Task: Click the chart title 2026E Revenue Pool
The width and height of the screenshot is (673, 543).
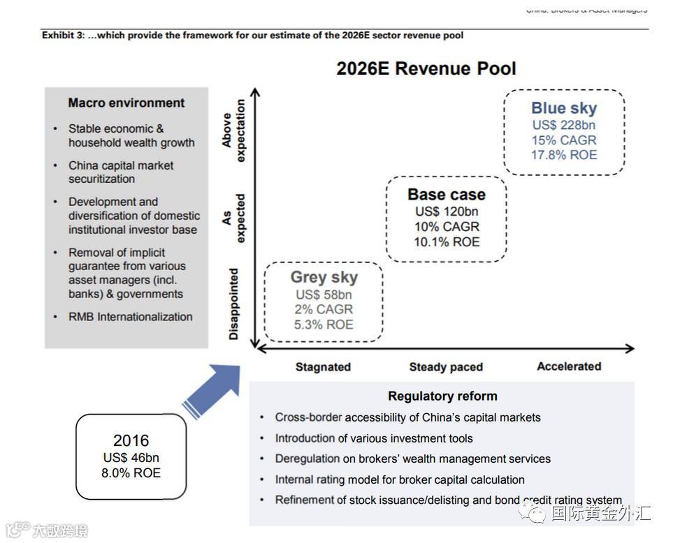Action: [x=426, y=68]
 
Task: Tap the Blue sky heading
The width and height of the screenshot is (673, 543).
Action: [x=564, y=108]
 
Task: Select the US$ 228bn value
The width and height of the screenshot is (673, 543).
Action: [x=564, y=125]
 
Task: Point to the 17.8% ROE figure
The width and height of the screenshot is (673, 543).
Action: [x=564, y=155]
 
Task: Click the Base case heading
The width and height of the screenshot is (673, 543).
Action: [x=447, y=195]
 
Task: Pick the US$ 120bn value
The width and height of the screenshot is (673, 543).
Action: [x=447, y=211]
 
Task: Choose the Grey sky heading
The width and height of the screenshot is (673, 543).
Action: [x=324, y=277]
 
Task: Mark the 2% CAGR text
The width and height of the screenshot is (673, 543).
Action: [x=324, y=309]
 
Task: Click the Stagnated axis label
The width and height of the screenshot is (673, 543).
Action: [x=323, y=367]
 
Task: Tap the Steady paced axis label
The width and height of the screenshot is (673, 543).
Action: [x=446, y=367]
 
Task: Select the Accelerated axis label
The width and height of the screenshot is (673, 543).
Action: [x=569, y=366]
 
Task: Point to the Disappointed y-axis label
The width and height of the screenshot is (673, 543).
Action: [x=234, y=304]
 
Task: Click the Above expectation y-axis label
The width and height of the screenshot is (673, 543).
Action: [x=234, y=131]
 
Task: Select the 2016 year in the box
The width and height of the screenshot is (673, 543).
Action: [x=131, y=440]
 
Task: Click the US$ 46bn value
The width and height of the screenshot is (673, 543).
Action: [x=131, y=458]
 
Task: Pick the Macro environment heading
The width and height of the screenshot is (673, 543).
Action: [x=126, y=103]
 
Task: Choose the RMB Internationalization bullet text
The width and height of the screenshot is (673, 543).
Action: [x=130, y=317]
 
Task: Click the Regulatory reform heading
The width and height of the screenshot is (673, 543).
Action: [x=442, y=396]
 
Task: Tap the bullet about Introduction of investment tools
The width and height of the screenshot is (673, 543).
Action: [x=374, y=438]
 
